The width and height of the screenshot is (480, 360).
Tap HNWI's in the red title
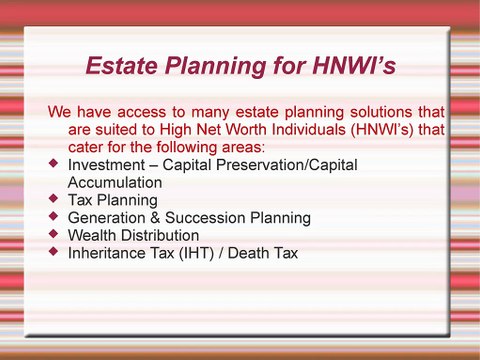pos(349,66)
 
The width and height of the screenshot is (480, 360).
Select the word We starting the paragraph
pos(61,110)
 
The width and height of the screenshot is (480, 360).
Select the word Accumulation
pos(114,182)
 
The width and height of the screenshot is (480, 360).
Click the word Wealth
pos(92,236)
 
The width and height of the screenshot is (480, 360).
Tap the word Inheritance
pos(110,254)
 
